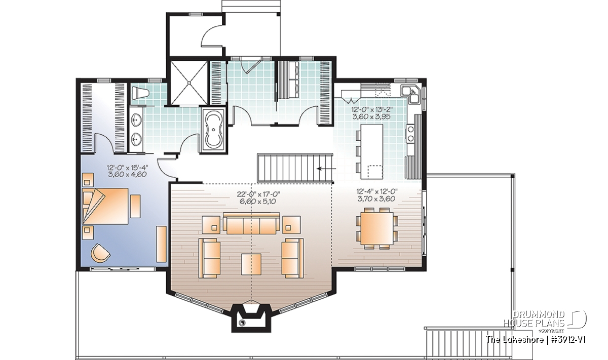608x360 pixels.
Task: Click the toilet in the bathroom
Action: (140, 94)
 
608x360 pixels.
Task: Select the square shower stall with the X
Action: (188, 83)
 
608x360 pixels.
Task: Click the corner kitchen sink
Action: (412, 94)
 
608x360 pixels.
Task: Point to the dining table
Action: (377, 228)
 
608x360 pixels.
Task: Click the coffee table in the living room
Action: (251, 264)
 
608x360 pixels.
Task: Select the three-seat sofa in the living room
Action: (251, 223)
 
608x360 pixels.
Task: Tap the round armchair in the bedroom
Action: (100, 252)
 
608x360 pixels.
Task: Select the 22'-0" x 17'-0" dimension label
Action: (258, 194)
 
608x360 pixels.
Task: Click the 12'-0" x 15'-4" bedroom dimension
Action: (128, 168)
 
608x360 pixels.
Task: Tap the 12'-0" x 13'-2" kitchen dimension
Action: (372, 110)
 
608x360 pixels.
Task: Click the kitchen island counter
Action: (371, 151)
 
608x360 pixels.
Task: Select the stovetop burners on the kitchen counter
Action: (410, 133)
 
